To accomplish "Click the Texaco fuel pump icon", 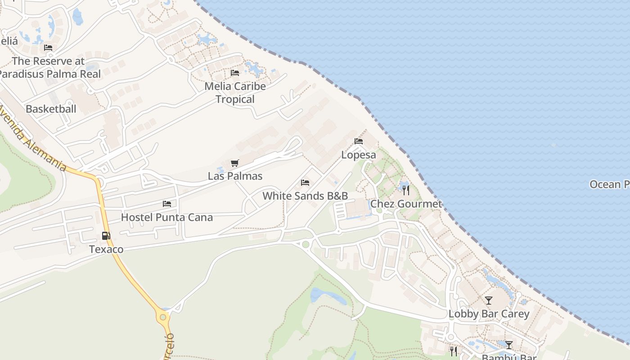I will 106,235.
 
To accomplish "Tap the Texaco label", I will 106,249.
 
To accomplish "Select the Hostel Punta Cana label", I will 166,217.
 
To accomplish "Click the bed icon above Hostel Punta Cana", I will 167,204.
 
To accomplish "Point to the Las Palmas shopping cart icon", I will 234,163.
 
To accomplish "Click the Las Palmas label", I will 235,176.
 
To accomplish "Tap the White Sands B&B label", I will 305,196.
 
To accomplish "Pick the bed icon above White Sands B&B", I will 305,183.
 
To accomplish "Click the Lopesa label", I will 358,155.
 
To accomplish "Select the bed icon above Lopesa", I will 359,141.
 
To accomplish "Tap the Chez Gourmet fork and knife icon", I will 406,190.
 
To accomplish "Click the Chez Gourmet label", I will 406,204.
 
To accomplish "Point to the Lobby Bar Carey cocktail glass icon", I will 489,300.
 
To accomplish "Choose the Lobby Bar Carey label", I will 489,314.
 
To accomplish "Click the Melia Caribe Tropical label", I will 235,92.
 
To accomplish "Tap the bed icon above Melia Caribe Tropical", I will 235,73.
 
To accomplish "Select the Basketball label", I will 51,109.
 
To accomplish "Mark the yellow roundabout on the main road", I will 163,317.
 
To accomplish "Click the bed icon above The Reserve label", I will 48,48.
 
